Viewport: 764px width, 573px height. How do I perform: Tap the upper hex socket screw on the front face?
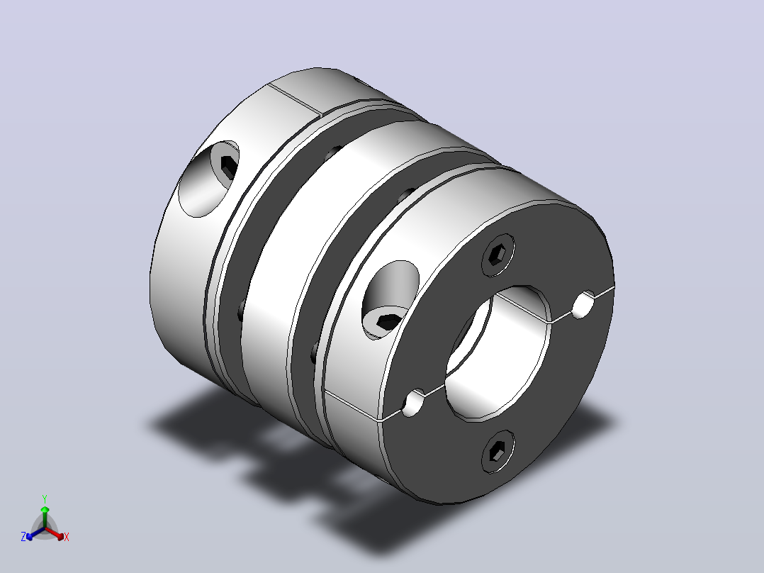coord(498,255)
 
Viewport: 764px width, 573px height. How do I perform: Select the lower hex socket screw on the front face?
coord(498,452)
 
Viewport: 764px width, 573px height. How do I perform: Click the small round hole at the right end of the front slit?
coord(583,304)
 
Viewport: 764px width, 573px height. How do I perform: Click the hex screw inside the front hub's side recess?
coord(388,321)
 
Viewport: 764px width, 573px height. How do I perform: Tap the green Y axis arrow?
coord(45,514)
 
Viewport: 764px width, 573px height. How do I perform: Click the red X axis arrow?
coord(55,533)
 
